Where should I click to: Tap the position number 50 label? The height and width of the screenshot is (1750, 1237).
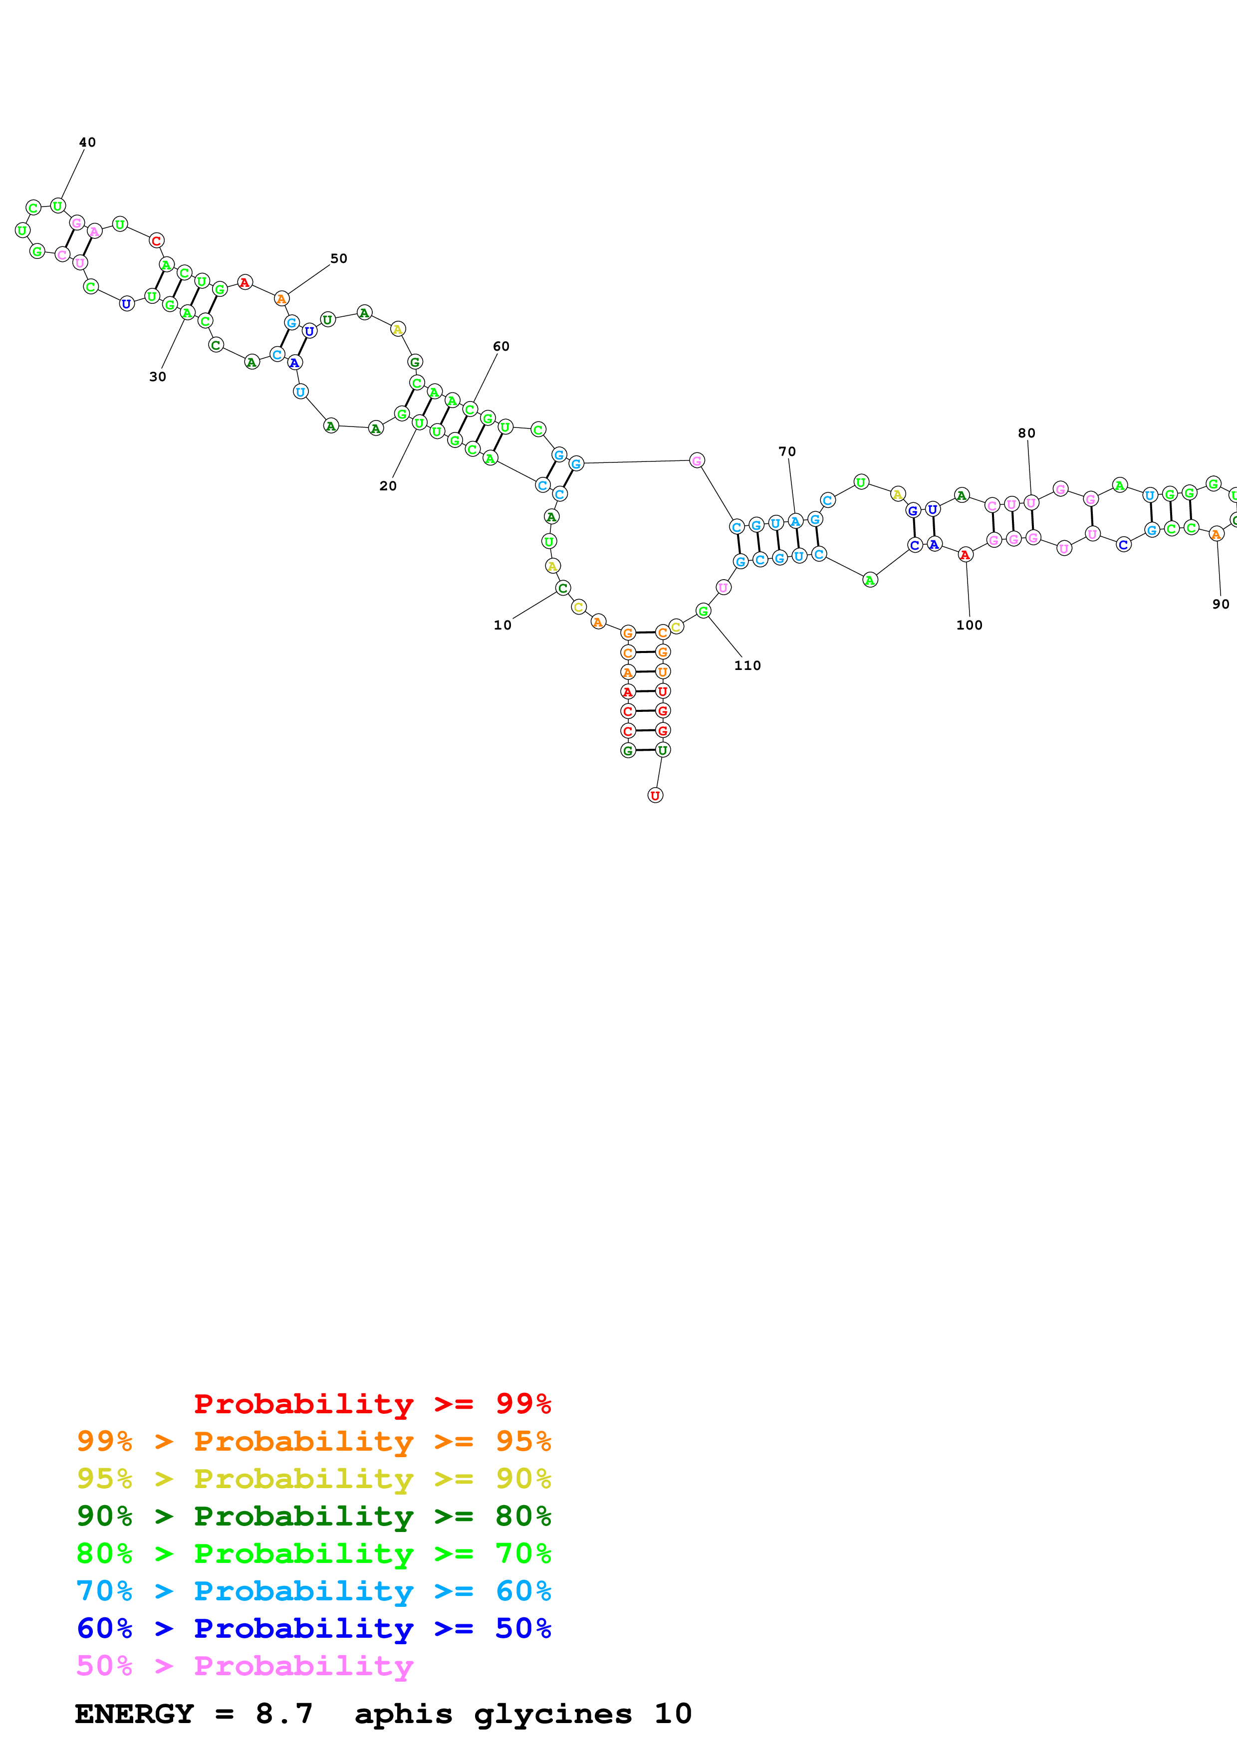[x=338, y=258]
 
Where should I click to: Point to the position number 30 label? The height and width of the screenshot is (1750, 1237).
[x=158, y=377]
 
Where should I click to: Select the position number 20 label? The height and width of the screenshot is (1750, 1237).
[x=388, y=485]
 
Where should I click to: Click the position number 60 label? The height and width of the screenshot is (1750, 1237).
[x=501, y=346]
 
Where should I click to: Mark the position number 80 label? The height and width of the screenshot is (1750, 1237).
[x=1026, y=433]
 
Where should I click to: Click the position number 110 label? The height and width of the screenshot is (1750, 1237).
[x=747, y=665]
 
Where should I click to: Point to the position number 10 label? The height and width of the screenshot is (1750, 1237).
[x=503, y=625]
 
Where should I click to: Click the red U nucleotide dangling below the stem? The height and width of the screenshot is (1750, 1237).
[x=655, y=795]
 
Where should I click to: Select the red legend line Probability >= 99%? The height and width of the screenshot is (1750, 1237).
[x=372, y=1403]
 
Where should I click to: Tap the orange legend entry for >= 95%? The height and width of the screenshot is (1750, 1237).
[x=313, y=1441]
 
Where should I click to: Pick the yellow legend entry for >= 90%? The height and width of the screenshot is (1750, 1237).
[x=313, y=1478]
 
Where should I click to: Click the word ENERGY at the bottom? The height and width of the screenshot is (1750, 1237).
[x=134, y=1714]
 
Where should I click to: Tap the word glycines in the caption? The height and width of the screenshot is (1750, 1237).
[x=552, y=1714]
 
